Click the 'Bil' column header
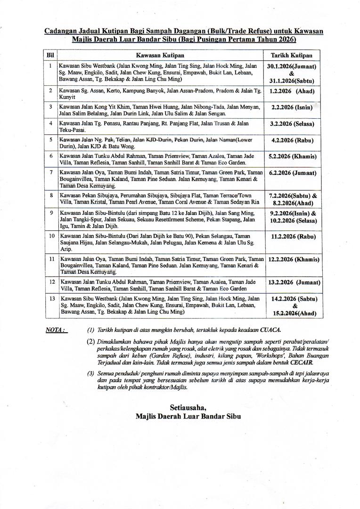click(x=49, y=55)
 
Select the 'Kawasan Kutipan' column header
click(x=160, y=55)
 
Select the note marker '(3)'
click(x=90, y=374)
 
